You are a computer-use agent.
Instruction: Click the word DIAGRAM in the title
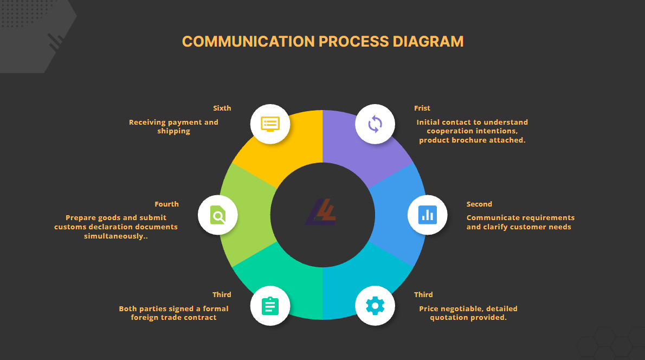tap(428, 42)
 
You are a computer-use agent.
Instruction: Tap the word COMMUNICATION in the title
tap(248, 42)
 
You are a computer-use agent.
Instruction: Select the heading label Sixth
tap(222, 108)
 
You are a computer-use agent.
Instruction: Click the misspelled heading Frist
tap(422, 108)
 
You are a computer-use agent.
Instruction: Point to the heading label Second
tap(479, 204)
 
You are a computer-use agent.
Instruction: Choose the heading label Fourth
tap(166, 204)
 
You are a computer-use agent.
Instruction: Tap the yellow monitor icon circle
tap(270, 124)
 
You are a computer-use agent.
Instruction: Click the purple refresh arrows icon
tap(375, 124)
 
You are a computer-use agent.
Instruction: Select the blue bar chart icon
tap(428, 215)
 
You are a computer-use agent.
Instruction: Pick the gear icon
tap(375, 306)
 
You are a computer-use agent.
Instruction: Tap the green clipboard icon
tap(270, 306)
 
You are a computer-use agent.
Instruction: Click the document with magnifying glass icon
tap(217, 215)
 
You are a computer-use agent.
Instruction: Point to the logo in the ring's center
tap(321, 213)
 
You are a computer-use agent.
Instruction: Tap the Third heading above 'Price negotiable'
tap(423, 294)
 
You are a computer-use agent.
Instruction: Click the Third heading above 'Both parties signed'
tap(222, 294)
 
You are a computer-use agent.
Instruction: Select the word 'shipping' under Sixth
tap(173, 131)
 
